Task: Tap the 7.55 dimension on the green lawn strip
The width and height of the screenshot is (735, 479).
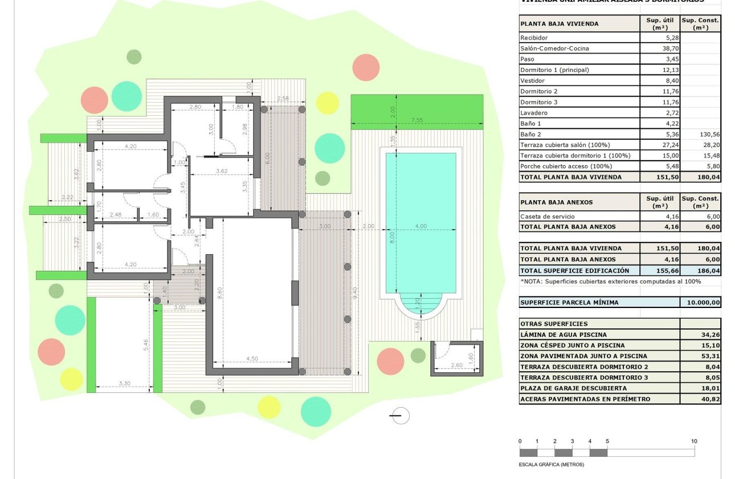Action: pyautogui.click(x=416, y=120)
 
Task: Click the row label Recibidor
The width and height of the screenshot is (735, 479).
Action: pyautogui.click(x=533, y=38)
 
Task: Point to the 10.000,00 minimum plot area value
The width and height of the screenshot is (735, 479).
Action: pyautogui.click(x=700, y=303)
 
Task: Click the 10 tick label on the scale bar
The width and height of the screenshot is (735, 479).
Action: pyautogui.click(x=694, y=441)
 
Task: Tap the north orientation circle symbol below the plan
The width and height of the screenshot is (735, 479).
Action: pyautogui.click(x=401, y=416)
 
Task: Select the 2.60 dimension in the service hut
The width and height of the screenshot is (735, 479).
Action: pyautogui.click(x=456, y=366)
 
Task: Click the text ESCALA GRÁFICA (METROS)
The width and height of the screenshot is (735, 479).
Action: pyautogui.click(x=552, y=464)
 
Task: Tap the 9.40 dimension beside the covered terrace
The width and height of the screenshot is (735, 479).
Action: pyautogui.click(x=356, y=294)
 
